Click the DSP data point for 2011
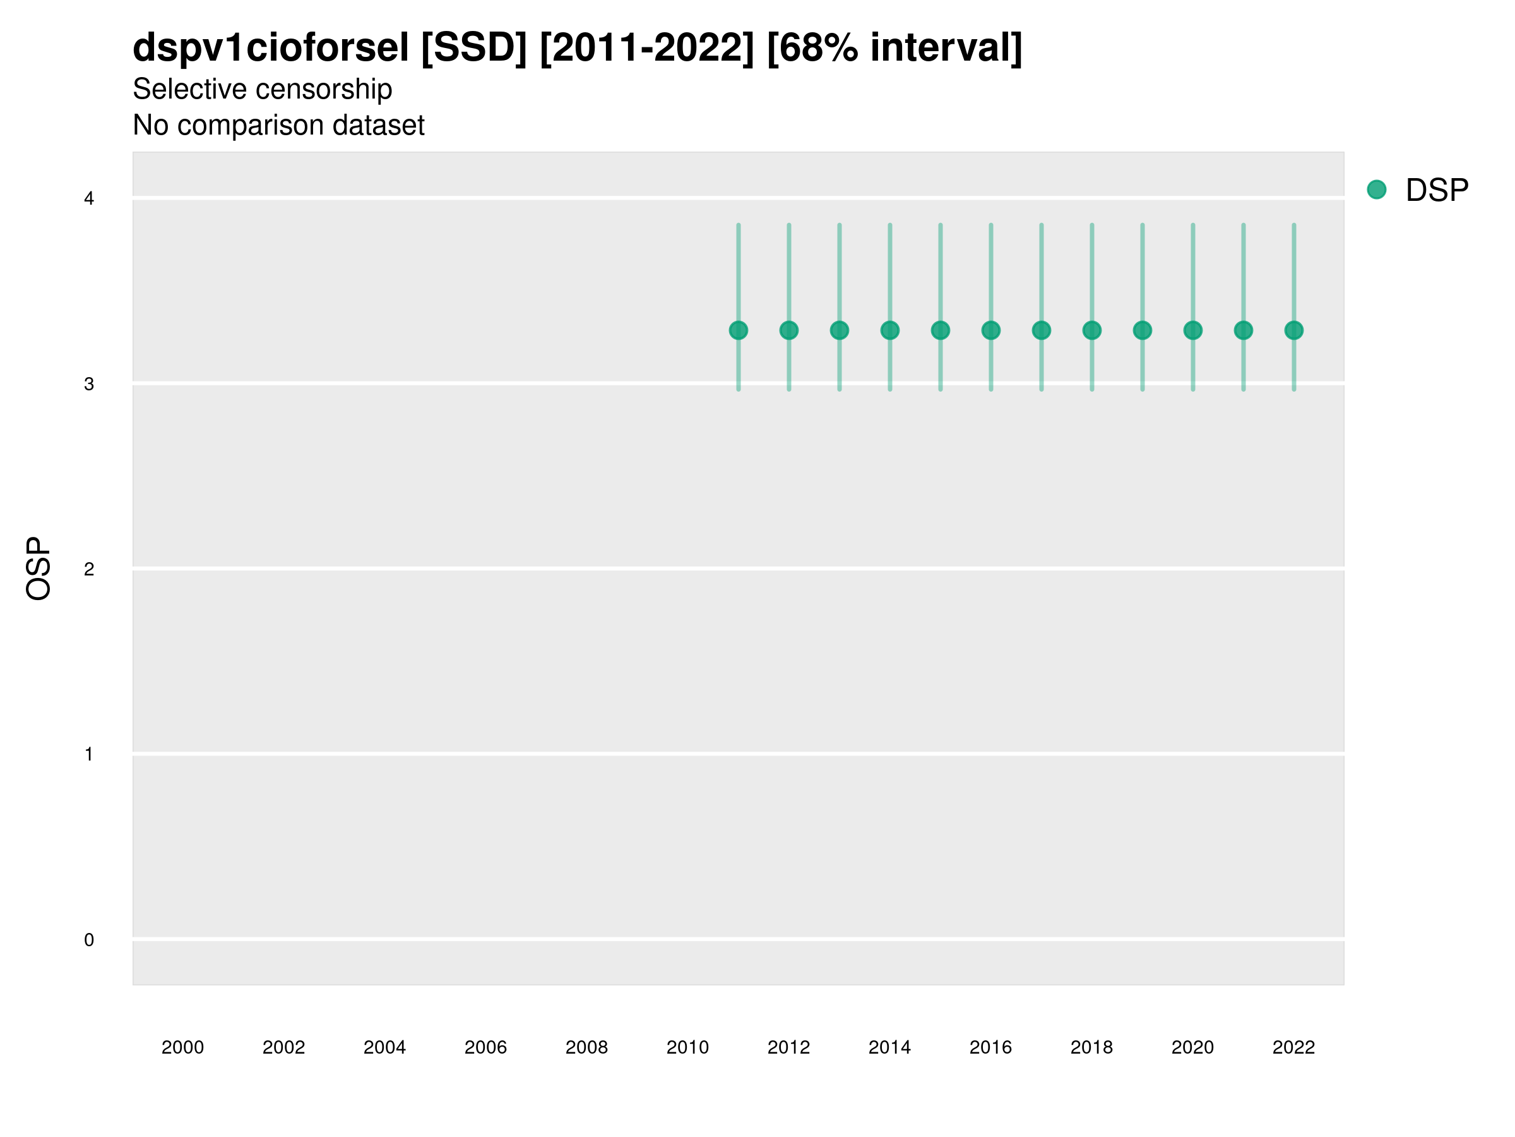739,330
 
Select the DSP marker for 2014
889,330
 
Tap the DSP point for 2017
1041,330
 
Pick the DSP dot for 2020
1192,330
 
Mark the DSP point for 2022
1294,330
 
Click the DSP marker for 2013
839,330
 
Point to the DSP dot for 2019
1143,330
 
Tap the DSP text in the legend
1437,191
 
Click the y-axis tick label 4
89,199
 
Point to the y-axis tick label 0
89,940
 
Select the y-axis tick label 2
89,569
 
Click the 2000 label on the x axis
183,1047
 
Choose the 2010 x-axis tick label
687,1047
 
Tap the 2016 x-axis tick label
990,1047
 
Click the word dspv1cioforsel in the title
271,48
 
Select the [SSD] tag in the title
474,48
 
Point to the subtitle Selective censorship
263,89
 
